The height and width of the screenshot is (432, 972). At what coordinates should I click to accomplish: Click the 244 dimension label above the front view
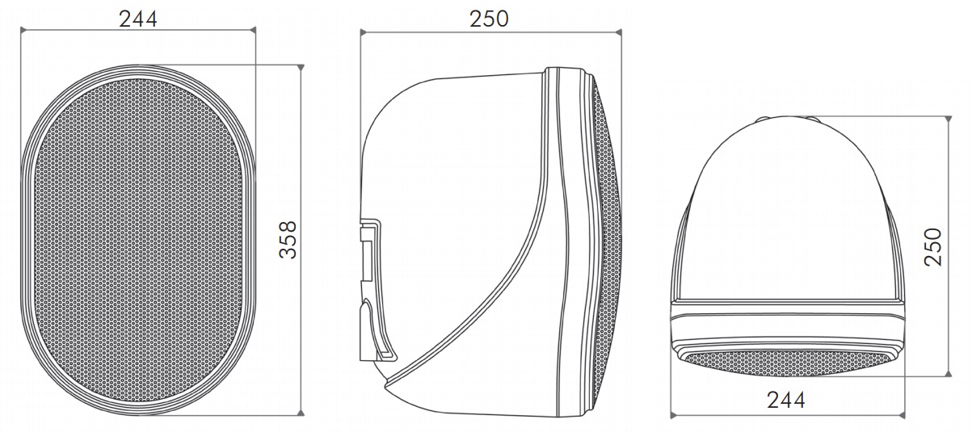[x=138, y=19]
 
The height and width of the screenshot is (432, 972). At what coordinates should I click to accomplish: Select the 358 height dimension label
[x=288, y=240]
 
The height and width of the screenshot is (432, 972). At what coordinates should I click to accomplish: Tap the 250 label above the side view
[x=489, y=19]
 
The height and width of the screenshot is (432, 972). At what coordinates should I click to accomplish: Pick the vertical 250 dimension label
[x=933, y=247]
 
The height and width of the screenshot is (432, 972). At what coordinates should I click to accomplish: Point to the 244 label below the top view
[x=786, y=400]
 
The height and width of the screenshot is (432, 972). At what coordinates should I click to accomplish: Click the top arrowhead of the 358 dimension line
[x=301, y=68]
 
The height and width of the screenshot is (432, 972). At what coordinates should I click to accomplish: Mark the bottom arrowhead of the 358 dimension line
[x=301, y=413]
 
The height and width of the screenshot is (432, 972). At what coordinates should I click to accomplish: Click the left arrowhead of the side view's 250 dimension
[x=364, y=31]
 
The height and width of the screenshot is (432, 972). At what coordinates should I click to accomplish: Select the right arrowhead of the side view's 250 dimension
[x=618, y=31]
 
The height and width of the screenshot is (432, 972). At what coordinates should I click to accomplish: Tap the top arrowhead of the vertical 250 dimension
[x=948, y=119]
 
